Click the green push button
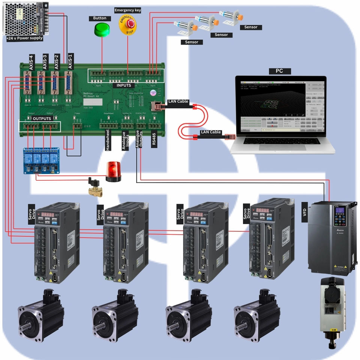[100, 30]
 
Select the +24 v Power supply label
[24, 38]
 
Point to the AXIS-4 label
[31, 62]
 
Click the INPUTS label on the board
[124, 85]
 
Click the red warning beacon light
[113, 172]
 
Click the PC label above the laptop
[279, 71]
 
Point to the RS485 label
[154, 141]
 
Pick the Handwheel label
[108, 140]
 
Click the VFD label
[304, 209]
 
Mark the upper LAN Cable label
[179, 101]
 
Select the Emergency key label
[127, 10]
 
